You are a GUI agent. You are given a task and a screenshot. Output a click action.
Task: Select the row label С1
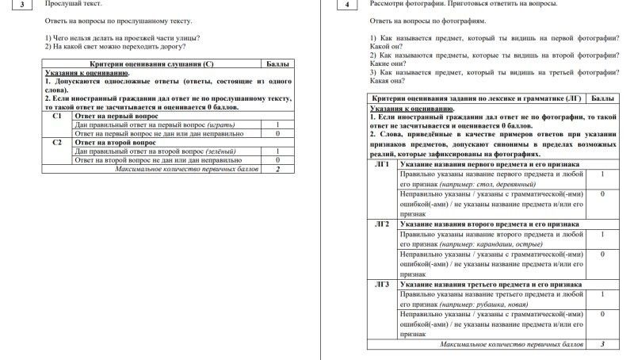pyautogui.click(x=56, y=116)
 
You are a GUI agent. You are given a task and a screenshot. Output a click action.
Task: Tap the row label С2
pyautogui.click(x=56, y=143)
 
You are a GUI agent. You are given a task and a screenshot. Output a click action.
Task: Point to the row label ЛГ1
pyautogui.click(x=382, y=164)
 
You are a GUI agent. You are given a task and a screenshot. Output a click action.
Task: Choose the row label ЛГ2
pyautogui.click(x=382, y=224)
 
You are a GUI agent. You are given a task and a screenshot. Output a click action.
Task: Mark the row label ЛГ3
pyautogui.click(x=382, y=284)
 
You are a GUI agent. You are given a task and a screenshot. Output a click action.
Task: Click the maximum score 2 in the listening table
pyautogui.click(x=277, y=169)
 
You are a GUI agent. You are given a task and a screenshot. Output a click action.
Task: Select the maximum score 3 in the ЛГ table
pyautogui.click(x=602, y=344)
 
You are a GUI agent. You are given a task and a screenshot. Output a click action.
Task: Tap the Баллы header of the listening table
pyautogui.click(x=277, y=63)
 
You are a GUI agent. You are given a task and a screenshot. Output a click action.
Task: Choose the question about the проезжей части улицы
pyautogui.click(x=122, y=37)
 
